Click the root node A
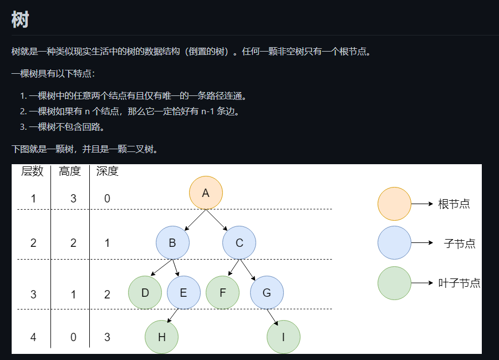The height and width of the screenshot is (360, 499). (x=206, y=193)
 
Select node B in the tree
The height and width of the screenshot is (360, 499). (x=172, y=243)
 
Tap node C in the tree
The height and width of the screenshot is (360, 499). (x=239, y=243)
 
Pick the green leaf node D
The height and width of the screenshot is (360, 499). (x=145, y=292)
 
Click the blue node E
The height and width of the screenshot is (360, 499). (x=184, y=292)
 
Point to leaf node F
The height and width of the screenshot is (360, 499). (x=222, y=292)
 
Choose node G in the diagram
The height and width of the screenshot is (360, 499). (x=267, y=292)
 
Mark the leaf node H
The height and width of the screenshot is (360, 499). (x=161, y=337)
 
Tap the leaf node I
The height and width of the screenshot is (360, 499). (x=283, y=337)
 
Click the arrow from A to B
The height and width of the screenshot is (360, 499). (x=195, y=220)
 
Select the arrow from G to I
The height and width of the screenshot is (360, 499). (x=272, y=317)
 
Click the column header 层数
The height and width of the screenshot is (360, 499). (x=32, y=171)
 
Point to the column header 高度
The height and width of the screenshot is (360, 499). (x=70, y=171)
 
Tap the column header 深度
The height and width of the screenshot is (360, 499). (x=107, y=171)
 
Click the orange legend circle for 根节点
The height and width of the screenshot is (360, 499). (x=394, y=204)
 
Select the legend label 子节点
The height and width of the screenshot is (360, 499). (x=460, y=244)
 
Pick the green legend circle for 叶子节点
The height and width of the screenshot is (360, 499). (x=394, y=283)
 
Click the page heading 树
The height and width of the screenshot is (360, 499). (x=20, y=19)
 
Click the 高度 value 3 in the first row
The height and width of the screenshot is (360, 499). (x=73, y=199)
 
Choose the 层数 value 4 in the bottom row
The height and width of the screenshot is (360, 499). (x=33, y=337)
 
